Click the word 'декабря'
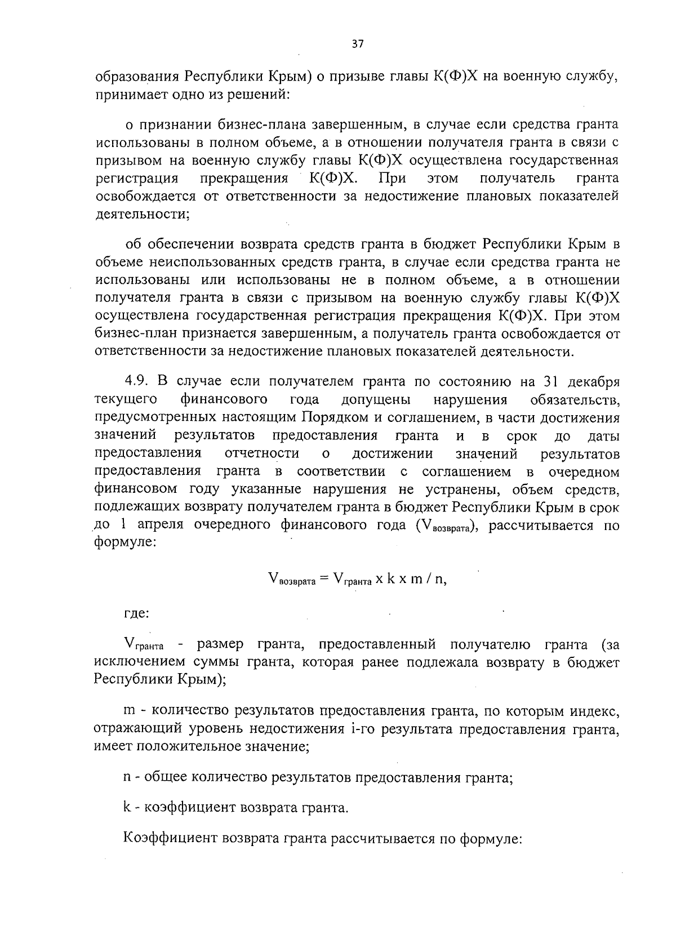[x=593, y=382]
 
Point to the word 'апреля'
[x=161, y=525]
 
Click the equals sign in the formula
[x=323, y=580]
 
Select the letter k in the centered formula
[x=390, y=580]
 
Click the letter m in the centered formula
[x=416, y=580]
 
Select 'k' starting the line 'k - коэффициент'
[x=127, y=808]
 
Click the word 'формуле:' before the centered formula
[x=122, y=544]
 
